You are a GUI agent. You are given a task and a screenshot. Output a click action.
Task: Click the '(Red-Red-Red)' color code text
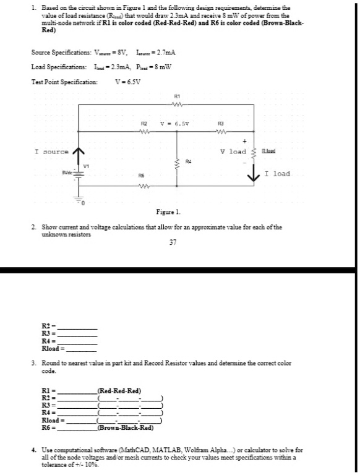point(120,391)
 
